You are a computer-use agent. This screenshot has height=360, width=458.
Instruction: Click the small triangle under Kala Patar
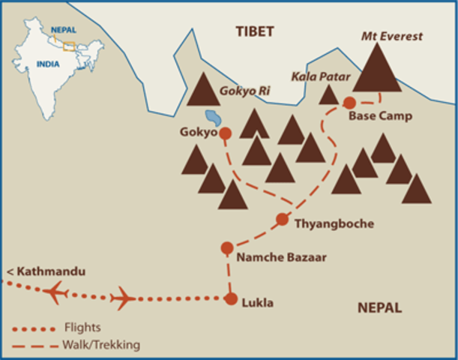coord(328,95)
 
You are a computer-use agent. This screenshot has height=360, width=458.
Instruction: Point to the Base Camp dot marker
coord(349,102)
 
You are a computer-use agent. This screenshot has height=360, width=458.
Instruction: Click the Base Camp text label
coord(380,116)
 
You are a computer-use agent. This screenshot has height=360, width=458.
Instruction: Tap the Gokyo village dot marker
coord(223,133)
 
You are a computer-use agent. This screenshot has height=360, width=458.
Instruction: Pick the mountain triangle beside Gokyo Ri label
coord(202,90)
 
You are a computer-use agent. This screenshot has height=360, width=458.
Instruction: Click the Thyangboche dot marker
coord(283,219)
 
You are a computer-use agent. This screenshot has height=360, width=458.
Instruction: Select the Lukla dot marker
coord(231,298)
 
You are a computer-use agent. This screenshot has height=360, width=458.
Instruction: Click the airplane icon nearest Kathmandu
coord(57,291)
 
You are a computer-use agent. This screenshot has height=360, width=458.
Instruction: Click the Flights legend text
coord(82,328)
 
